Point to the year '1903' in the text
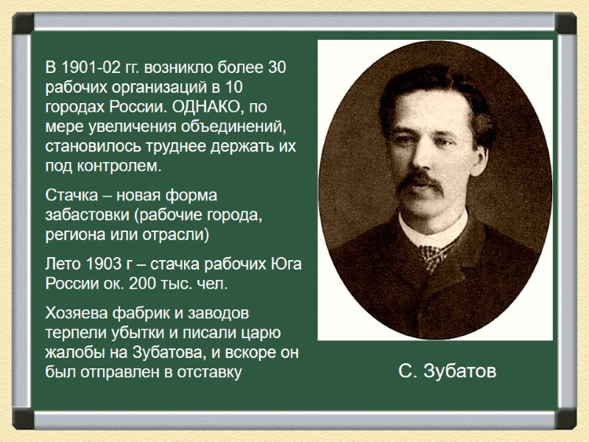coord(102,264)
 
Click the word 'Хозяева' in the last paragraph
coord(77,315)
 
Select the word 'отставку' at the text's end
coord(214,372)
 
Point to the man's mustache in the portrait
coord(420,179)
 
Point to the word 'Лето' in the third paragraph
coord(64,264)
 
